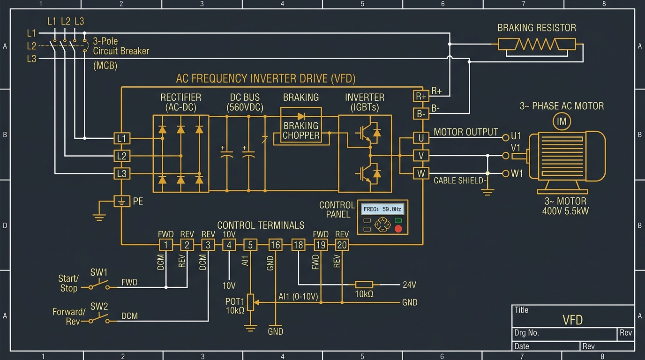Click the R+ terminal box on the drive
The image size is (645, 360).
pos(421,96)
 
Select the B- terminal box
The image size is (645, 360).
pos(421,114)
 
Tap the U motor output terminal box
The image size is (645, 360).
pos(421,138)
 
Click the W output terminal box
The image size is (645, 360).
pos(421,173)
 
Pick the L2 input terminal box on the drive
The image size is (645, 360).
pos(122,156)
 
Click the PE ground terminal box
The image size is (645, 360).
pos(122,201)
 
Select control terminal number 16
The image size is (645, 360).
pos(275,245)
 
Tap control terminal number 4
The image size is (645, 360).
pos(229,245)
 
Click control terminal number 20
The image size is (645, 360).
pos(342,245)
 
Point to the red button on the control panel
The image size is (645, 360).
pos(398,229)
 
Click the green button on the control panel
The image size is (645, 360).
pos(398,221)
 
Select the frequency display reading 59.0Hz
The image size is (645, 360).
pos(382,210)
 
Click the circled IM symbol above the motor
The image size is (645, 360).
pos(562,121)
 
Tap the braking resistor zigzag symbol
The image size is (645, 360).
pos(537,45)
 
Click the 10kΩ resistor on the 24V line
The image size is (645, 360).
pos(364,285)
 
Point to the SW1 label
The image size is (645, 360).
pos(99,272)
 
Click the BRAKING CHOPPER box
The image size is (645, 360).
pos(301,126)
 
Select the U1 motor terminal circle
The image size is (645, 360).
pos(506,138)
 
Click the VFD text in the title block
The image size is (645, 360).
pos(572,320)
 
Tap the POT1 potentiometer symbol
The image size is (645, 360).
pos(250,302)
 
